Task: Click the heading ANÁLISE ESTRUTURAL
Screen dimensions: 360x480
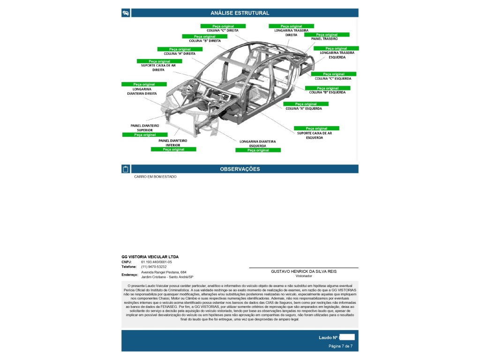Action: click(x=240, y=13)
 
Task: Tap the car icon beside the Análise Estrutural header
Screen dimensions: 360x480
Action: click(x=126, y=13)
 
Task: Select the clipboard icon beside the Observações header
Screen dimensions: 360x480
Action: click(x=126, y=169)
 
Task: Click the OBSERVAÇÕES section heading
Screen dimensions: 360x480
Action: click(x=240, y=169)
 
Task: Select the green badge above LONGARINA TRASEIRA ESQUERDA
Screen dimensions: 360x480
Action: click(x=336, y=48)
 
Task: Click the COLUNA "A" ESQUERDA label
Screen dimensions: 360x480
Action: click(x=304, y=109)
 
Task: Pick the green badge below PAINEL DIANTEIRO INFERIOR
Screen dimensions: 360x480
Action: click(x=173, y=150)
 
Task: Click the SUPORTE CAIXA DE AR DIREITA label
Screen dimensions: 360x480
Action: click(x=158, y=67)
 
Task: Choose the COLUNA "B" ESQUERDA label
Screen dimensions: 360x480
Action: click(x=327, y=92)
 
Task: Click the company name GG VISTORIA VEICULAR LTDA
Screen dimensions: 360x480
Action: click(x=150, y=257)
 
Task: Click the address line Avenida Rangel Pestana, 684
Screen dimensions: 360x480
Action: click(x=164, y=272)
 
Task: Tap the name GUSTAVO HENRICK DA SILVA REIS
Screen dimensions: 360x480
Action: click(x=304, y=271)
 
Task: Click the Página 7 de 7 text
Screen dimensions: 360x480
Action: click(x=340, y=346)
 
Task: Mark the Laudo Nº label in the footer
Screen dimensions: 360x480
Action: click(x=328, y=337)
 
